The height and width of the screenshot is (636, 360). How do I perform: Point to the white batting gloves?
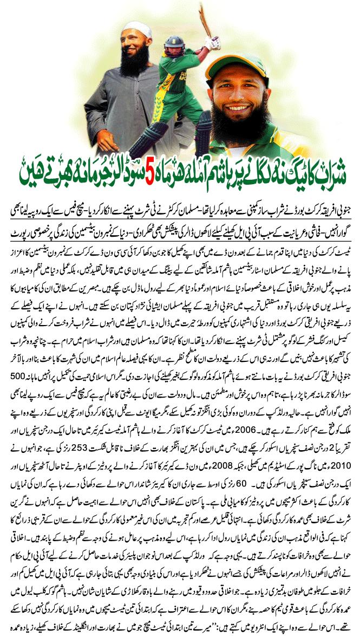coord(212,43)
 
